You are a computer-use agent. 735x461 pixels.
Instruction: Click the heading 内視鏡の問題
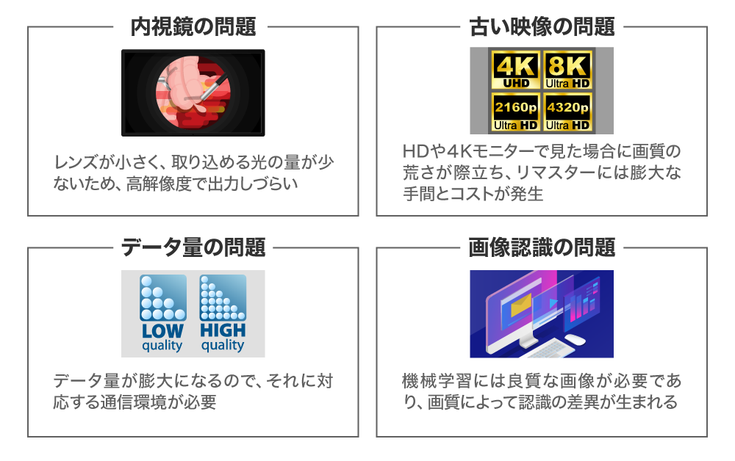[x=193, y=28]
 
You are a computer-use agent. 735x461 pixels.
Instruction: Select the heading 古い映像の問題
[x=542, y=28]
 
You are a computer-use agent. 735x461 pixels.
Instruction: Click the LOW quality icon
[x=162, y=313]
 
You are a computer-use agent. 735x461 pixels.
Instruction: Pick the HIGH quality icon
[x=223, y=313]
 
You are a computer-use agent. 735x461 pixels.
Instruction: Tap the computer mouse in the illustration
[x=575, y=339]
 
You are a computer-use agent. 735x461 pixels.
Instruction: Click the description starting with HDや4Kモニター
[x=542, y=173]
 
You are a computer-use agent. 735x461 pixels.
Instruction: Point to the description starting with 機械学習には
[x=542, y=392]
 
